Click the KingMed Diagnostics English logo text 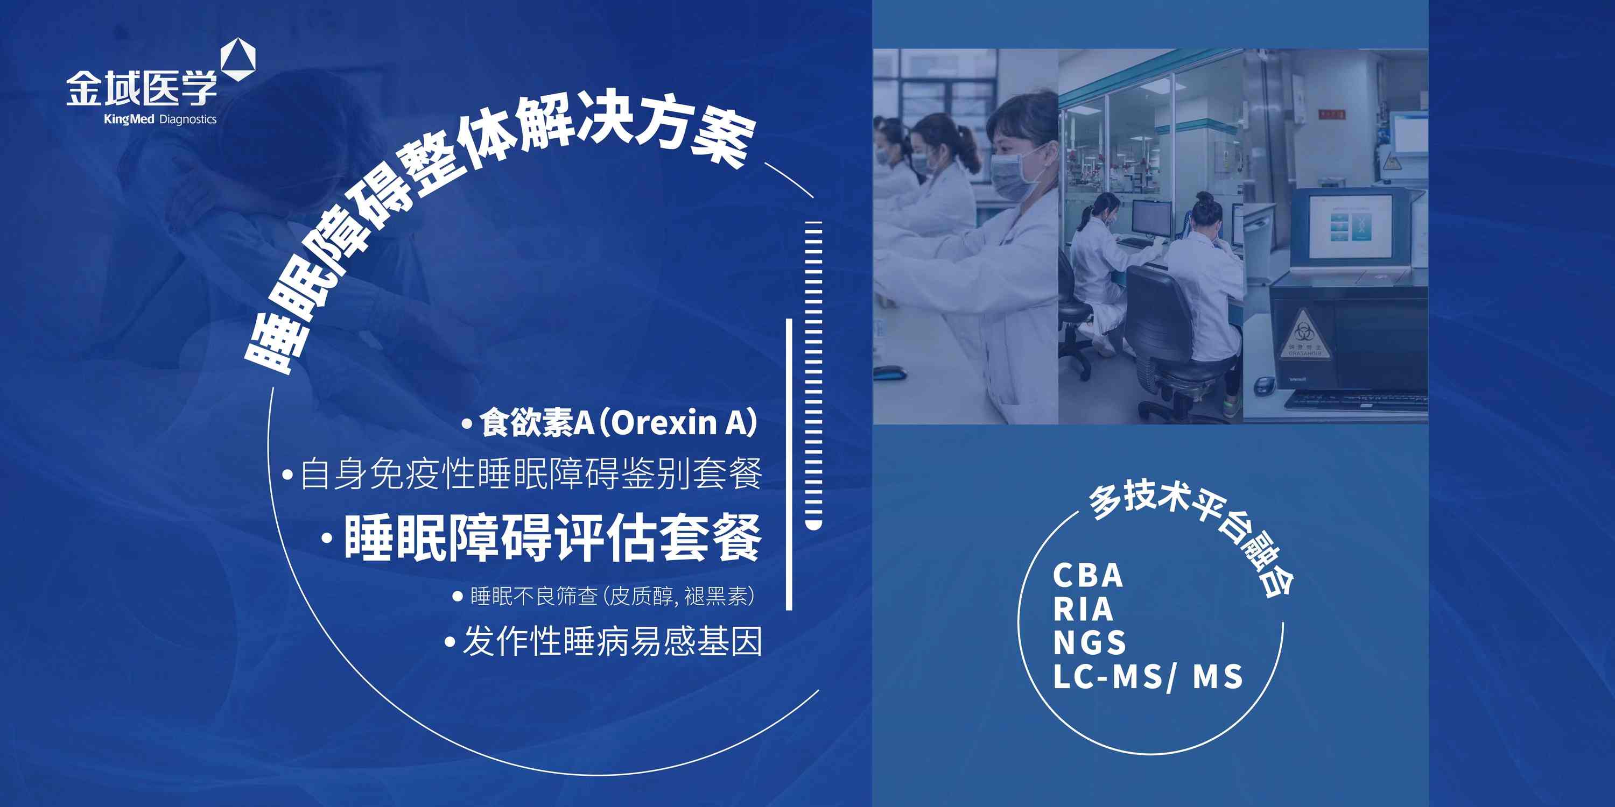pyautogui.click(x=160, y=119)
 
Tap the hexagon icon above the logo pyautogui.click(x=238, y=60)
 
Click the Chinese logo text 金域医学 pyautogui.click(x=142, y=88)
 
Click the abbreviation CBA pyautogui.click(x=1088, y=575)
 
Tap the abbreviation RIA pyautogui.click(x=1083, y=609)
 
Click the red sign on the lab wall pyautogui.click(x=1331, y=114)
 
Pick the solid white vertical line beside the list pyautogui.click(x=789, y=464)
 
